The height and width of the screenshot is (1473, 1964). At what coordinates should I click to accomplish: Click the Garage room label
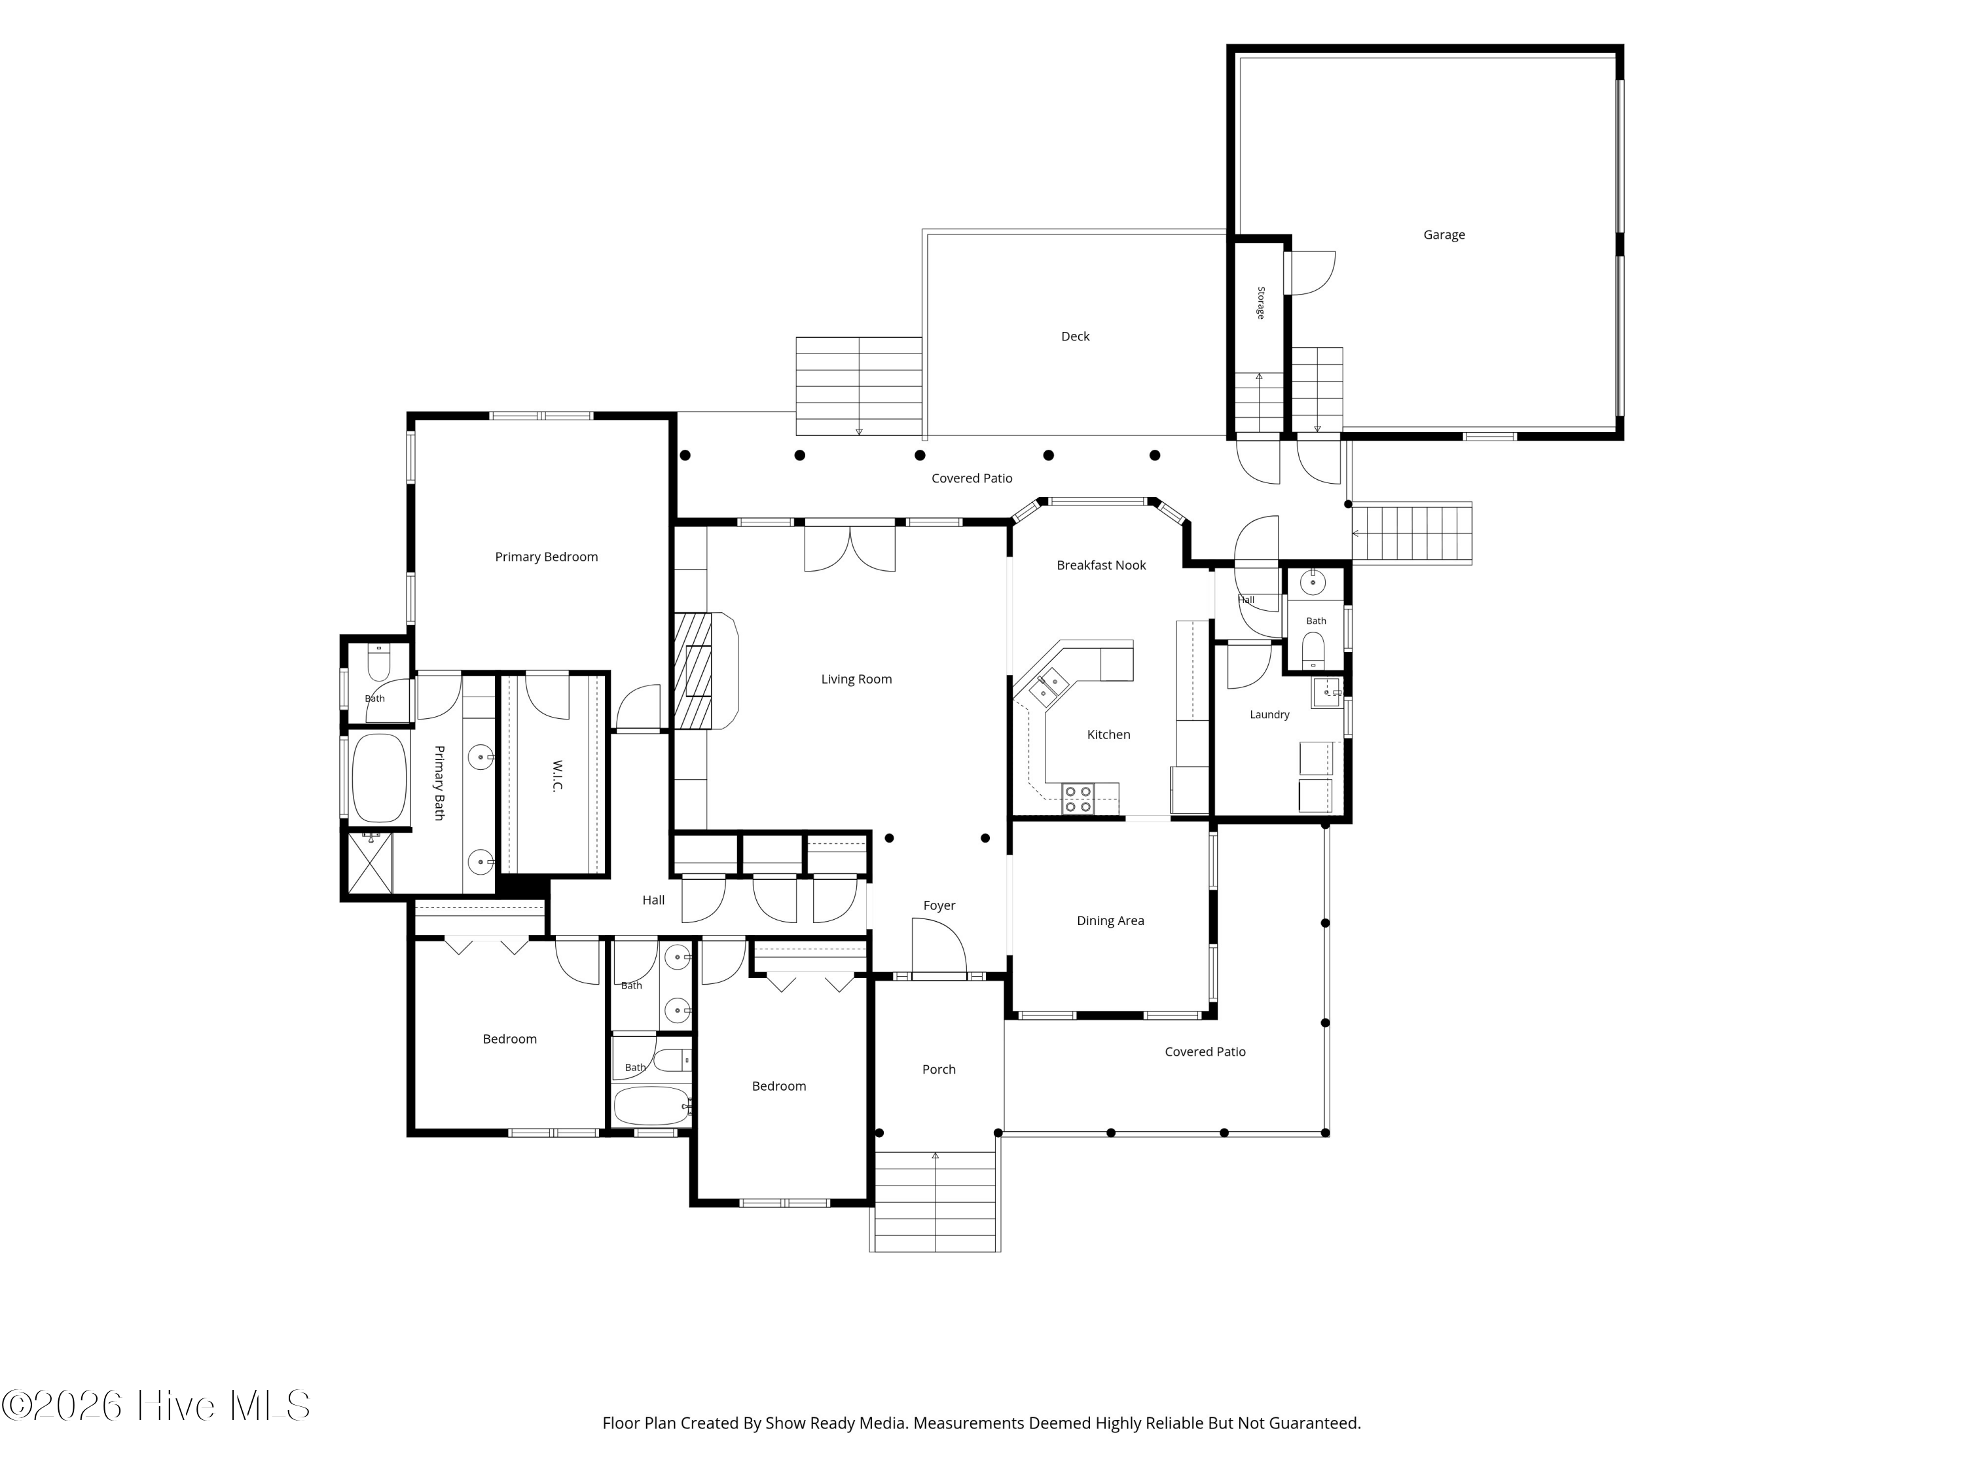tap(1444, 235)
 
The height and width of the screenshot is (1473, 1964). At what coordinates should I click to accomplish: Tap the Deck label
tap(1075, 336)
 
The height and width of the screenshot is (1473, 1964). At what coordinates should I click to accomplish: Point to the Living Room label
tap(856, 680)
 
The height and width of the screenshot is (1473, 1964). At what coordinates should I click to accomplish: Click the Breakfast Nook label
tap(1101, 566)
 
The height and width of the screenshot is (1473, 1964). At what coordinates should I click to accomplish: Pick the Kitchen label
tap(1108, 735)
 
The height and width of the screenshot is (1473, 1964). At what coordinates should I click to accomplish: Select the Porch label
tap(939, 1070)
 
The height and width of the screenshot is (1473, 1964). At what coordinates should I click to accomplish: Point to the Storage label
tap(1261, 302)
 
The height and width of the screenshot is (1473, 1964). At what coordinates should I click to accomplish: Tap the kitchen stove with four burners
tap(1078, 799)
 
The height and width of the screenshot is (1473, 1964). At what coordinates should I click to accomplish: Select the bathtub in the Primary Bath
tap(379, 778)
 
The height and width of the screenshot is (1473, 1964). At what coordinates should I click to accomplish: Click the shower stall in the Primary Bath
tap(369, 863)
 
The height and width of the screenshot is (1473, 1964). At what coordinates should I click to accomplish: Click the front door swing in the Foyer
tap(939, 947)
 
